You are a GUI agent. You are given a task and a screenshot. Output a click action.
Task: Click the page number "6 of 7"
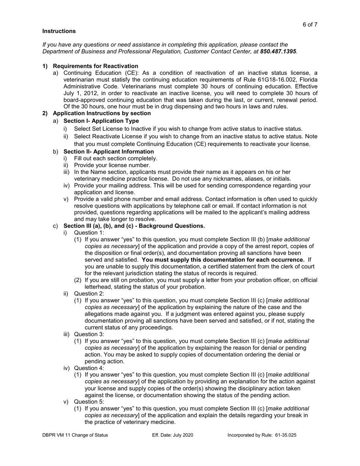[x=310, y=25]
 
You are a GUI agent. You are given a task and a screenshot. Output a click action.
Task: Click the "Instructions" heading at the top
[x=59, y=31]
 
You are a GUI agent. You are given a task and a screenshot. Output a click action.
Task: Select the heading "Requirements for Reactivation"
[x=95, y=66]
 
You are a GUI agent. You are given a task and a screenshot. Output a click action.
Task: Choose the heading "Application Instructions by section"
[x=102, y=113]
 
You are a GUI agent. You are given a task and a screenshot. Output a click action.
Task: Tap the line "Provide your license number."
[x=112, y=165]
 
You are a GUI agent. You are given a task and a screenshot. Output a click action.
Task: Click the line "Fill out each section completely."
[x=115, y=158]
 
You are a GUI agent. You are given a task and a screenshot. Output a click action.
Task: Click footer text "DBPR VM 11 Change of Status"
[x=75, y=435]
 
